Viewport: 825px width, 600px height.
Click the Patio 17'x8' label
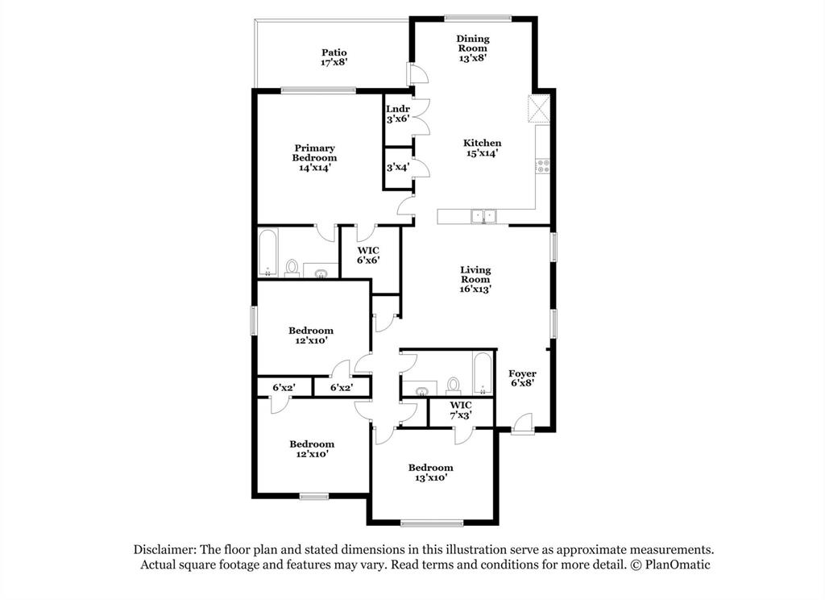click(x=334, y=57)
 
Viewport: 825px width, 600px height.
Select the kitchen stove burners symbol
click(x=543, y=167)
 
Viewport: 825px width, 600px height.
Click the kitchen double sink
click(x=483, y=215)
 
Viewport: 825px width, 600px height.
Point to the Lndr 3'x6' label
click(x=398, y=114)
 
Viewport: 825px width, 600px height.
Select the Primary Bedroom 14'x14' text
click(x=314, y=157)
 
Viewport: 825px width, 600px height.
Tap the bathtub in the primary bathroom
click(x=267, y=253)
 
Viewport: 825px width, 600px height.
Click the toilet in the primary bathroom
click(x=292, y=267)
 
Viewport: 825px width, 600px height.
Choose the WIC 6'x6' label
click(x=368, y=255)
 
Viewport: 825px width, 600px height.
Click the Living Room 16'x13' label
click(x=475, y=279)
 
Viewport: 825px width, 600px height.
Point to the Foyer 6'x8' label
click(x=522, y=378)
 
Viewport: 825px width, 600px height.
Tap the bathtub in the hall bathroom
click(x=482, y=373)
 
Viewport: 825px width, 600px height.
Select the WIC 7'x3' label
click(x=460, y=410)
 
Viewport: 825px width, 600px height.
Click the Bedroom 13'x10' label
click(x=430, y=473)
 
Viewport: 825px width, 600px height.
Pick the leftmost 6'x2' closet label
click(x=284, y=388)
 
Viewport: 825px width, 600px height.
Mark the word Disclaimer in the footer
click(x=165, y=549)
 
